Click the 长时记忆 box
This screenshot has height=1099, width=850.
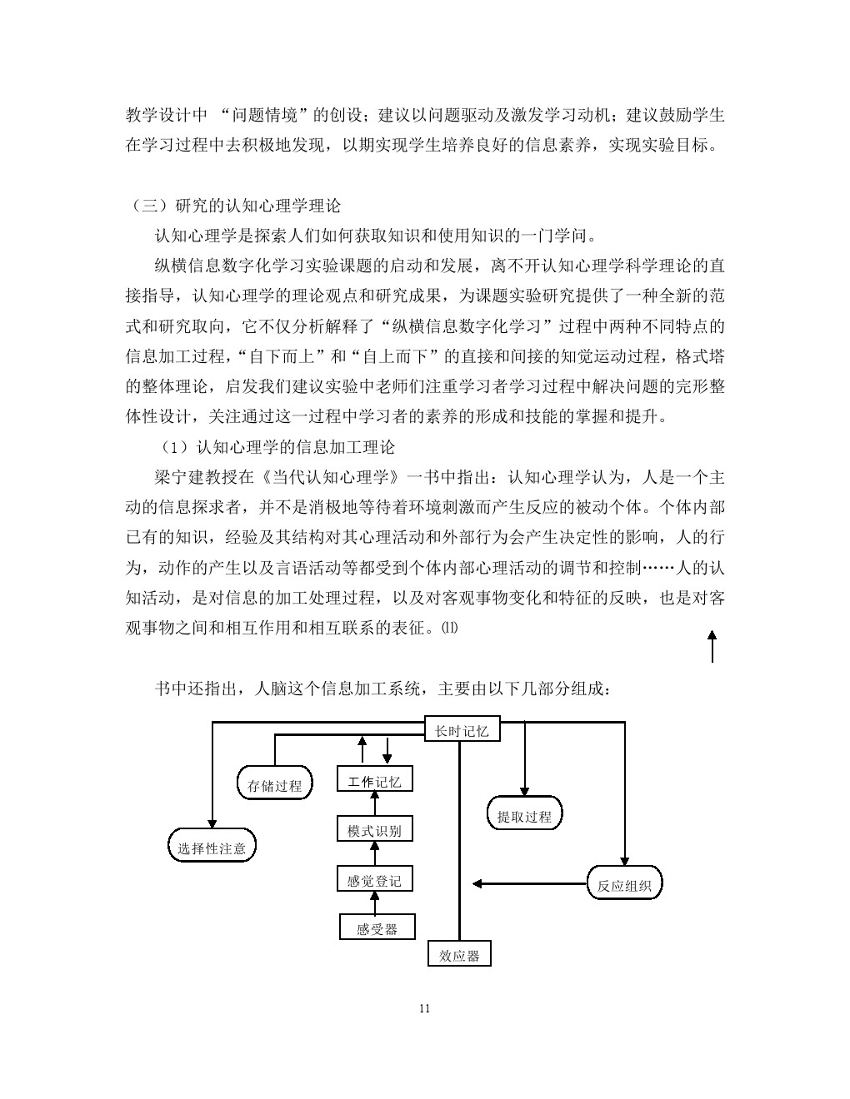462,729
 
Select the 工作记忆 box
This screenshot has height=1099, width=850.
375,778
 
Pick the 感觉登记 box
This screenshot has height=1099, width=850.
375,878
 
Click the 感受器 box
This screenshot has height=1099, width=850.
377,927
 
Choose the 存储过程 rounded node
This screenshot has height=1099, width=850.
274,783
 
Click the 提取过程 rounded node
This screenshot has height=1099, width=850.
524,813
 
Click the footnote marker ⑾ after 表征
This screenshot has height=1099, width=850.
449,628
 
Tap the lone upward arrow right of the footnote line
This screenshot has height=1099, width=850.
712,646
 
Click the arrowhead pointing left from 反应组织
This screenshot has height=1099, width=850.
477,883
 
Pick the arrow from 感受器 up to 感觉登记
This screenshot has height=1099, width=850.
375,903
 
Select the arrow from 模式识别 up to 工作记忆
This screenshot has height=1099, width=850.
375,803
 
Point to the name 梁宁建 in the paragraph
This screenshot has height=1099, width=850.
179,477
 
